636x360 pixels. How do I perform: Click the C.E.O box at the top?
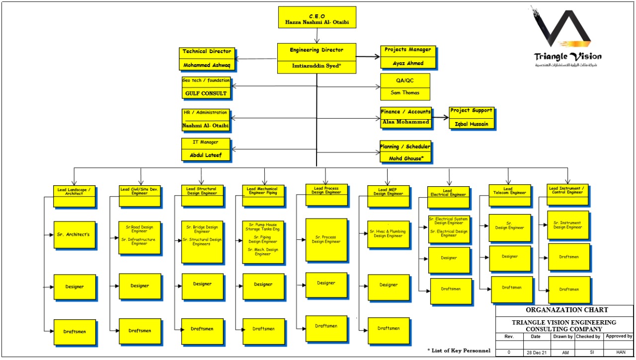[317, 17]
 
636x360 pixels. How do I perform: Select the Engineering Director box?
[317, 58]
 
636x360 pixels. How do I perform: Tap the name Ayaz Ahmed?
[408, 63]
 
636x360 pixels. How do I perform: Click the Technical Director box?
[207, 59]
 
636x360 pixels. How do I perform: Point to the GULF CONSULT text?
[206, 93]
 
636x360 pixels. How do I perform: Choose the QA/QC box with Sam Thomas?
[405, 87]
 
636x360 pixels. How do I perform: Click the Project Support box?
[472, 118]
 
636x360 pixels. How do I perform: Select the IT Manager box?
[206, 149]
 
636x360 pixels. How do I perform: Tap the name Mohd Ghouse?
[405, 158]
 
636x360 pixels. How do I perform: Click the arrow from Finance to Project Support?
[440, 118]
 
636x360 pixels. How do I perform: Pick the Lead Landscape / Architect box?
[74, 196]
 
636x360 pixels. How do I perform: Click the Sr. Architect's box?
[74, 234]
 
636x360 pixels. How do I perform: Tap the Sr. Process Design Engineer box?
[326, 240]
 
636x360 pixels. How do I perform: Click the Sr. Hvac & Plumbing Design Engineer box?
[389, 234]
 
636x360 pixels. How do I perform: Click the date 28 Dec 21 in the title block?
[536, 352]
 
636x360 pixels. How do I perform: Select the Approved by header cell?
[618, 337]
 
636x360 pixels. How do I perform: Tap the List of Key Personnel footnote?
[459, 351]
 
